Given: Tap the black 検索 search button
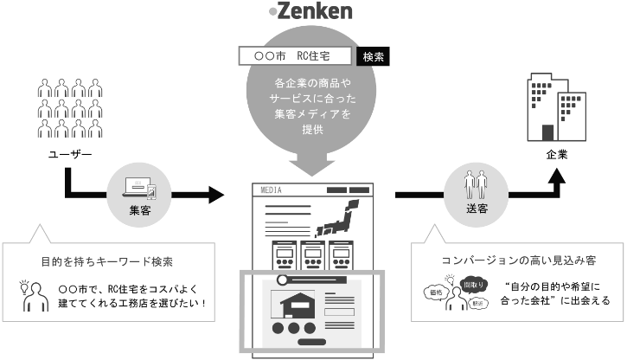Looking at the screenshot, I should point(373,56).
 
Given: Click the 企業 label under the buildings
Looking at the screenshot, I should point(557,155).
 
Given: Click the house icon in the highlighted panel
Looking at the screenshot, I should point(293,305).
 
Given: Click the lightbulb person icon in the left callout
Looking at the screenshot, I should point(34,293).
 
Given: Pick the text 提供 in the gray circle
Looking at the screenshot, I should point(312,130).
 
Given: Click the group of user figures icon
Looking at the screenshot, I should point(71,108).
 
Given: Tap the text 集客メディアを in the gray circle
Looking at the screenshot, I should point(312,114).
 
